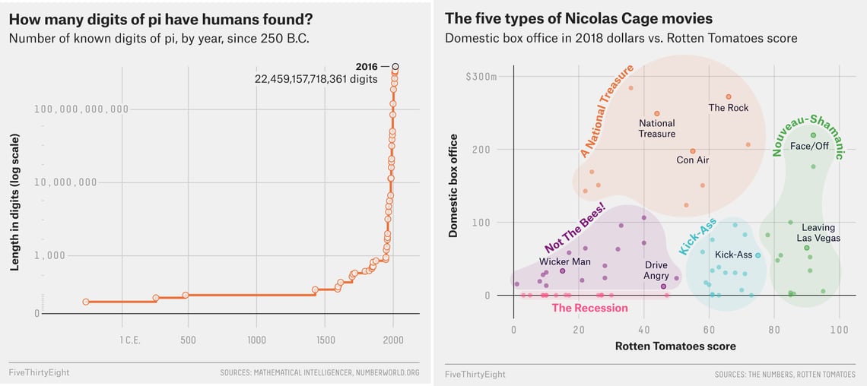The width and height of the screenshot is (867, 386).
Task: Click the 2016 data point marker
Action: coord(395,67)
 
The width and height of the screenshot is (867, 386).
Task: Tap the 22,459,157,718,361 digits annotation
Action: coord(316,79)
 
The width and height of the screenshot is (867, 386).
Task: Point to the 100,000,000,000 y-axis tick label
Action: coord(81,109)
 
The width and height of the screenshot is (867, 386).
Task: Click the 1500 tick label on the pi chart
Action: coord(325,340)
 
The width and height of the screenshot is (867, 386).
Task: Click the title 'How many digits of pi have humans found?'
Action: coord(160,19)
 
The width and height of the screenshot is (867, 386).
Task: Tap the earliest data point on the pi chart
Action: coord(85,302)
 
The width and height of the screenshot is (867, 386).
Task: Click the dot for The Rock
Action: coord(729,96)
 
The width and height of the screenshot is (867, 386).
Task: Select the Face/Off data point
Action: coord(813,135)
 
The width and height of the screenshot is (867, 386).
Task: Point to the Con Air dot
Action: coord(693,151)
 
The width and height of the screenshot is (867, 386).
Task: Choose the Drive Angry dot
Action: coord(664,286)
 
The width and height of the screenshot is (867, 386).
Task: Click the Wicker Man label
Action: coord(564,261)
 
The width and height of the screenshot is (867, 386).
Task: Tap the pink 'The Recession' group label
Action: coord(589,308)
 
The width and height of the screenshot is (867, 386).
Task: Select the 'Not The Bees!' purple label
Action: coord(575,227)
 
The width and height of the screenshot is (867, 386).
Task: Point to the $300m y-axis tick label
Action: coord(481,77)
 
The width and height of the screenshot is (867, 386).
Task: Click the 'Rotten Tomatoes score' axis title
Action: coord(675,346)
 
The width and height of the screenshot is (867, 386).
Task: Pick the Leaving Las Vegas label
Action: coord(818,233)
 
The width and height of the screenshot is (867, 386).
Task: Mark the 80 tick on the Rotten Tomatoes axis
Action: coord(774,330)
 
